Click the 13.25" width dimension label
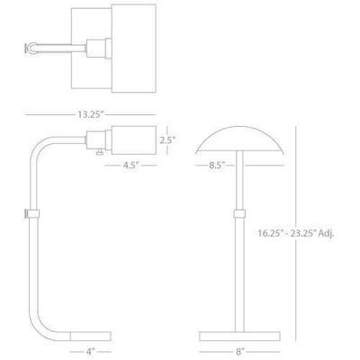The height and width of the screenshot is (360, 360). (91, 114)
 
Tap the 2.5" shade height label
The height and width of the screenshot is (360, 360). (167, 140)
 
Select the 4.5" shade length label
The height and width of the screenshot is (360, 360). (130, 165)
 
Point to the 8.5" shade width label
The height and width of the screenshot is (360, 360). (217, 165)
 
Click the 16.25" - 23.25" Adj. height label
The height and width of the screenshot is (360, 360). (296, 233)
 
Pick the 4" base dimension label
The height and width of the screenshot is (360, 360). (91, 351)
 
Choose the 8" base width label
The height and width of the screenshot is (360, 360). (239, 351)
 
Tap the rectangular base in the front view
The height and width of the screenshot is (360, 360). (239, 337)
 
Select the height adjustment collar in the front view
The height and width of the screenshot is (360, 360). (239, 213)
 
